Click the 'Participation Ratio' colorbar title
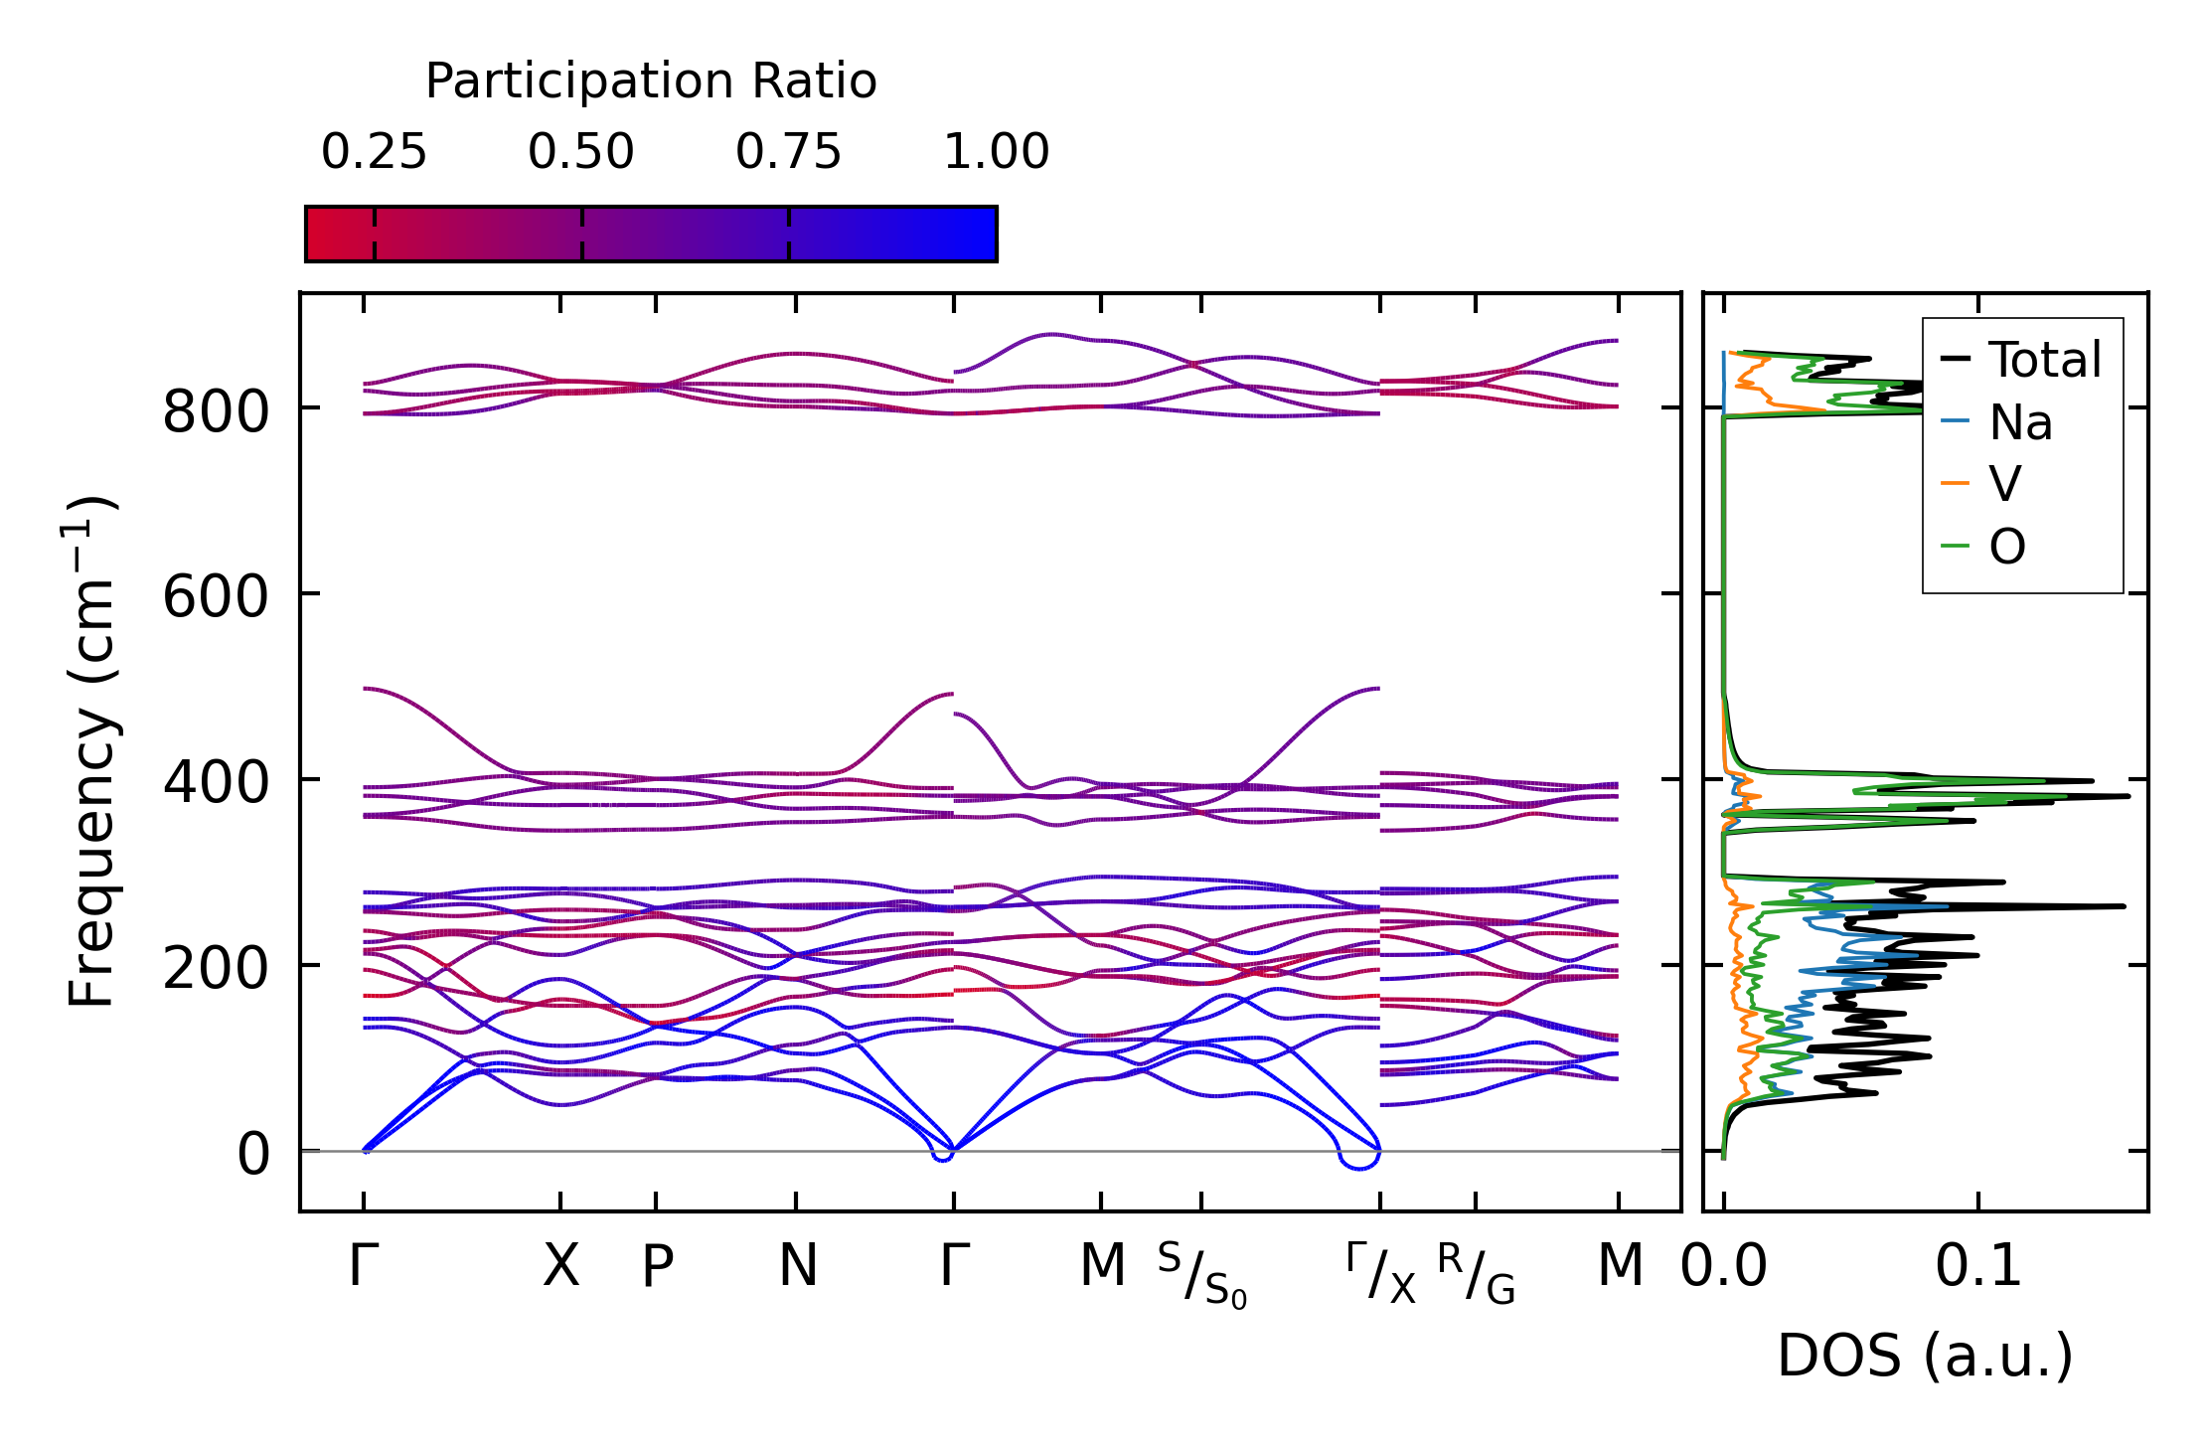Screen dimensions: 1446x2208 [651, 81]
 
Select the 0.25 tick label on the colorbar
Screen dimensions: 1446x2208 [374, 153]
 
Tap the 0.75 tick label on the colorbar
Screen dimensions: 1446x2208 [788, 153]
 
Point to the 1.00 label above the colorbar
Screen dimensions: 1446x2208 [996, 153]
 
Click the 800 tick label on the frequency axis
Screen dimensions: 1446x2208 [216, 411]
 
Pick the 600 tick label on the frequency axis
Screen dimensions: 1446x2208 [216, 598]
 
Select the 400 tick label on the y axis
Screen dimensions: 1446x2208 [216, 783]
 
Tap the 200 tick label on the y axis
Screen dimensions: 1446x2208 [216, 969]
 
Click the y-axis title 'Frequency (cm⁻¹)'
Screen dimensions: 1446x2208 [91, 751]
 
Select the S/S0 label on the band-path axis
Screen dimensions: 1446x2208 [1201, 1276]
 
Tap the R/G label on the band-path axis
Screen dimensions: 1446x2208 [1476, 1274]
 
